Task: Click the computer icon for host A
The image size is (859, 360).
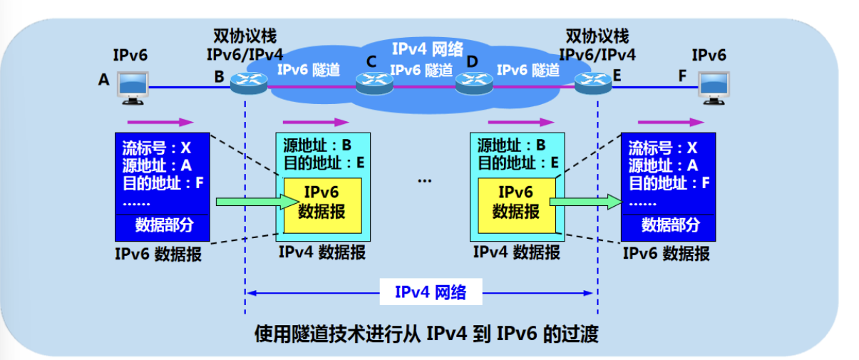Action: click(x=133, y=88)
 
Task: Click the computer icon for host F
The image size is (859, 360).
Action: click(x=714, y=88)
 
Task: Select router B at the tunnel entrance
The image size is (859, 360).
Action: click(x=249, y=83)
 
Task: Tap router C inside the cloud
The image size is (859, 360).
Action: click(x=374, y=83)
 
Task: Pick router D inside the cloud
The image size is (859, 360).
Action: click(x=474, y=83)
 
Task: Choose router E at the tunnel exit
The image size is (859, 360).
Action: click(x=593, y=83)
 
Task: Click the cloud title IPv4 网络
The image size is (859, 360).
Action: click(x=428, y=49)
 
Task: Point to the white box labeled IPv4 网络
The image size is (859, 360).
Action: click(x=431, y=292)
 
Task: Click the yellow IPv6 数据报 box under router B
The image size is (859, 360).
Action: click(x=322, y=205)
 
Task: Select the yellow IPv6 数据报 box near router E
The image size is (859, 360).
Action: click(x=517, y=205)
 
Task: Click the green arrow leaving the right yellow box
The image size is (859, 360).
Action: click(x=586, y=202)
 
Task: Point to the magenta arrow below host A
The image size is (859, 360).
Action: click(x=160, y=123)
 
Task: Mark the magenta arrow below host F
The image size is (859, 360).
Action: click(x=671, y=123)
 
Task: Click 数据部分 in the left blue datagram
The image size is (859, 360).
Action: click(x=164, y=225)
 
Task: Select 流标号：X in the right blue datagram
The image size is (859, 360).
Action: click(x=663, y=148)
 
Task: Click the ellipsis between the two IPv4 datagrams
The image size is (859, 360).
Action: click(x=425, y=180)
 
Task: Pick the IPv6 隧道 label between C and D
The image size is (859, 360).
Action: click(x=421, y=70)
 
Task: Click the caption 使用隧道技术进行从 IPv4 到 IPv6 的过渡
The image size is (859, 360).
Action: click(x=426, y=334)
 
